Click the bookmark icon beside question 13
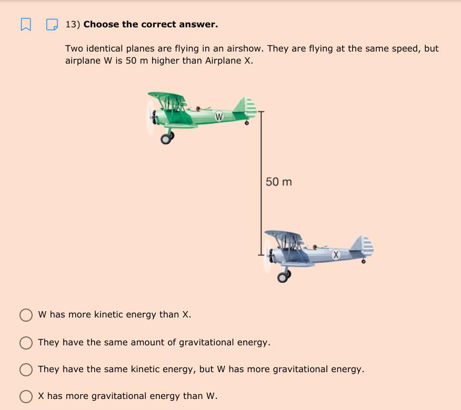[x=26, y=24]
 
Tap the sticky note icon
[x=52, y=25]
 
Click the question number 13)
[x=73, y=24]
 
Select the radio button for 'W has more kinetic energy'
[x=26, y=315]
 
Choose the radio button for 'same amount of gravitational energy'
[x=26, y=343]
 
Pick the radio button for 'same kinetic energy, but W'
[x=26, y=370]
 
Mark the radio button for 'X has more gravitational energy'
[x=26, y=396]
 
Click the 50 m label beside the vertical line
[x=279, y=182]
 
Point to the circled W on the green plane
[x=219, y=117]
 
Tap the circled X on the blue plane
[x=336, y=254]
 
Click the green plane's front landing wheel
[x=166, y=139]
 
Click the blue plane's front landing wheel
[x=283, y=277]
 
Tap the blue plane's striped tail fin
[x=363, y=246]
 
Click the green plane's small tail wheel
[x=247, y=123]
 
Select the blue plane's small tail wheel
[x=364, y=261]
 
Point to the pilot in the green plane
[x=198, y=109]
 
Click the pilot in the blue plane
[x=315, y=247]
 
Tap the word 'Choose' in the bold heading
[x=101, y=24]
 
